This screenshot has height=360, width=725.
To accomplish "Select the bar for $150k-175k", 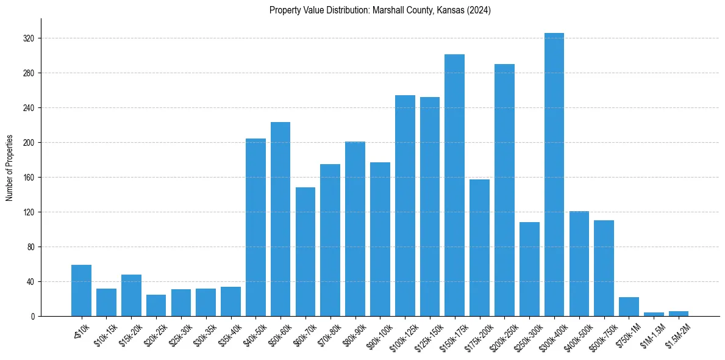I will tap(454, 185).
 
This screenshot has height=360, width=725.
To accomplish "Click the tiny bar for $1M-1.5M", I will tap(654, 314).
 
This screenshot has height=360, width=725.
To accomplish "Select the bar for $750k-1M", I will tap(629, 307).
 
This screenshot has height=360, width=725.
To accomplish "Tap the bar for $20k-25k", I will tap(156, 306).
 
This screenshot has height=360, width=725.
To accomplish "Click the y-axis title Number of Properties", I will tap(9, 168).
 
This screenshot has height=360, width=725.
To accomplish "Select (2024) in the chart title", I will tap(479, 10).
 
